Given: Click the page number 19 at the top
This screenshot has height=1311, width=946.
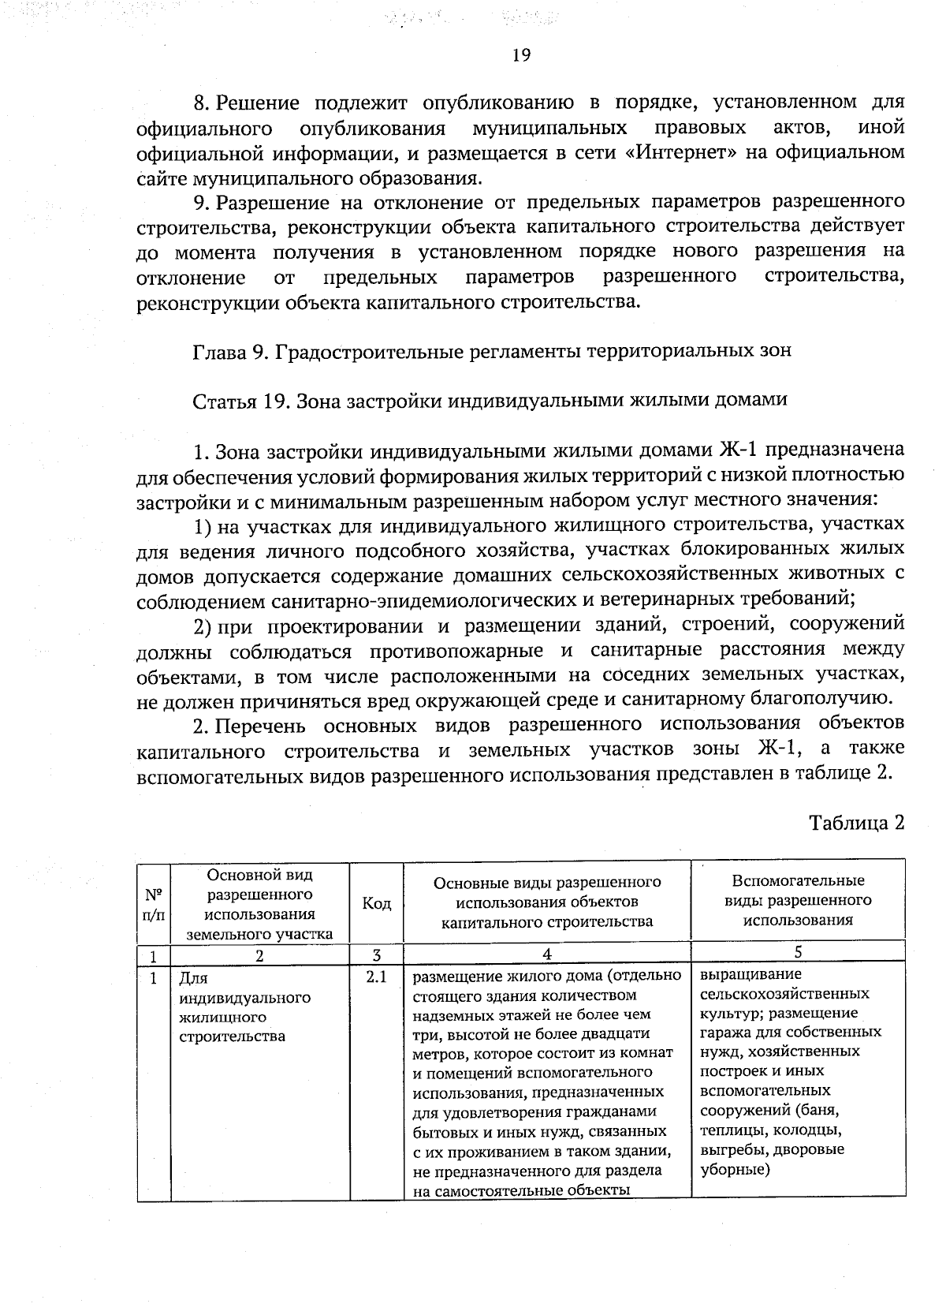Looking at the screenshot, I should click(x=520, y=55).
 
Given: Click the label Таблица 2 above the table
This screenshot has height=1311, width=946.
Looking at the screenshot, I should click(x=856, y=824).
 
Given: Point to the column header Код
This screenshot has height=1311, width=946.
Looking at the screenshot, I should click(x=376, y=904).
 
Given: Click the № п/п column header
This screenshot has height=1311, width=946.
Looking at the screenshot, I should click(x=155, y=904).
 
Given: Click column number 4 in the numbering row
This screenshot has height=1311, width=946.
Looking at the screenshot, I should click(x=546, y=954).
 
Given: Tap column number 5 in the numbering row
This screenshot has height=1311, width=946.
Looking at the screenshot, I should click(x=798, y=953).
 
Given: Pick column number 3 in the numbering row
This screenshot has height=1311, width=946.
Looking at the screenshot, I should click(x=376, y=954).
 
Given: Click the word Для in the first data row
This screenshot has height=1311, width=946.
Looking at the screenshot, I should click(x=193, y=979).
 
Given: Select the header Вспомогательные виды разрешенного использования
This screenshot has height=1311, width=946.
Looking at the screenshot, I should click(x=798, y=901).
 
